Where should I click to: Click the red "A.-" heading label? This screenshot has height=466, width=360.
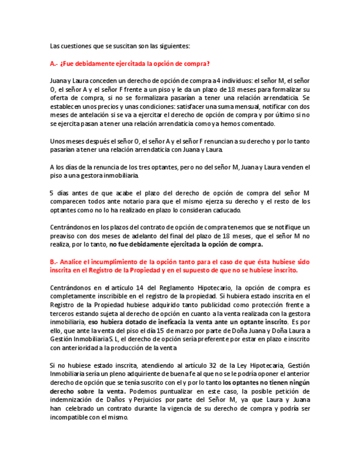pyautogui.click(x=54, y=64)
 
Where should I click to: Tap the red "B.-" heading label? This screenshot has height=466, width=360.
pyautogui.click(x=54, y=262)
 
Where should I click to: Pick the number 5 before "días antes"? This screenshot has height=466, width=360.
pyautogui.click(x=52, y=192)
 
